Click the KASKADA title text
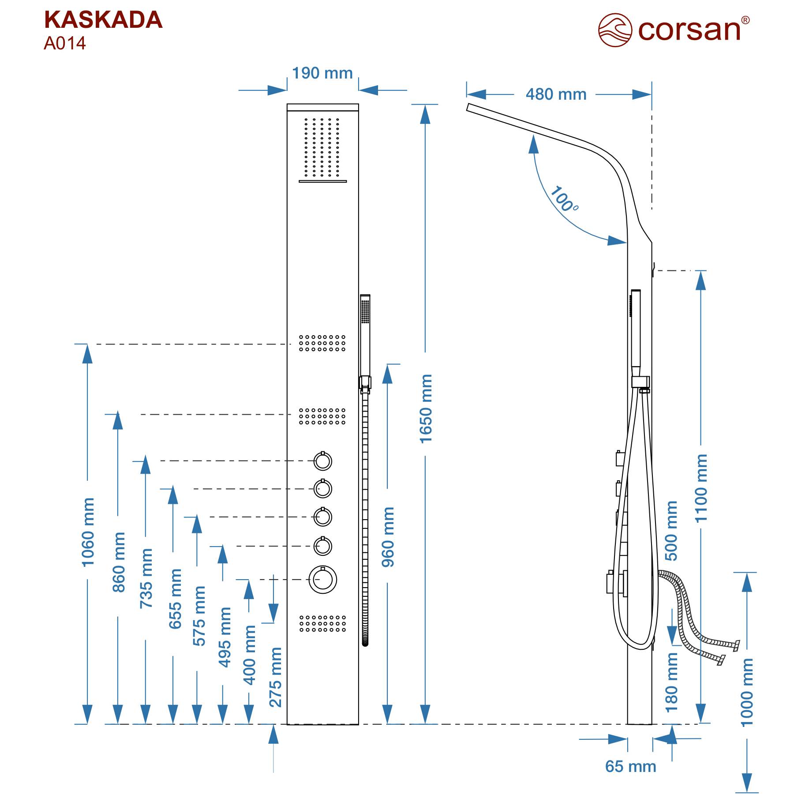[103, 20]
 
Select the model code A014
[65, 43]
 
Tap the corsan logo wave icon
[615, 30]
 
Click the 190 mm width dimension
[322, 73]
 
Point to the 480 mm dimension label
[556, 94]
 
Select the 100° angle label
[563, 199]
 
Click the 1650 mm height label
[426, 408]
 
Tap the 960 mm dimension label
[388, 537]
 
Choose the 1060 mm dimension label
[88, 532]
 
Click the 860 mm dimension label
[119, 562]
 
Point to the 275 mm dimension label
[275, 677]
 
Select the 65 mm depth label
[630, 766]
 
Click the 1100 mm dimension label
[701, 488]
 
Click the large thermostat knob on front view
[322, 580]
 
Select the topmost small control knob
[322, 461]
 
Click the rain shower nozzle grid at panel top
[322, 147]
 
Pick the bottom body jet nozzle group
[322, 624]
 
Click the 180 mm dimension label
[671, 682]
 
